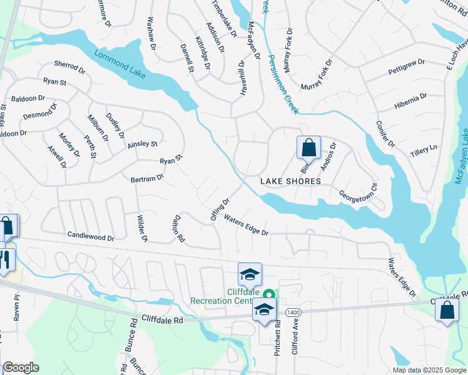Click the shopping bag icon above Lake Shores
pos(308,149)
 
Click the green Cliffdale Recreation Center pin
pos(270,293)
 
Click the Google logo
pos(21,367)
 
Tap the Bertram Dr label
pos(147,178)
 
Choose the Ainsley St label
pos(143,144)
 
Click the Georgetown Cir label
pos(359,190)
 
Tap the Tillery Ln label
pos(424,150)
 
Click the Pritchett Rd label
pos(277,346)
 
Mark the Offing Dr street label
pos(221,209)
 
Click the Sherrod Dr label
pos(69,65)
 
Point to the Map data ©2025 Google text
pos(429,370)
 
